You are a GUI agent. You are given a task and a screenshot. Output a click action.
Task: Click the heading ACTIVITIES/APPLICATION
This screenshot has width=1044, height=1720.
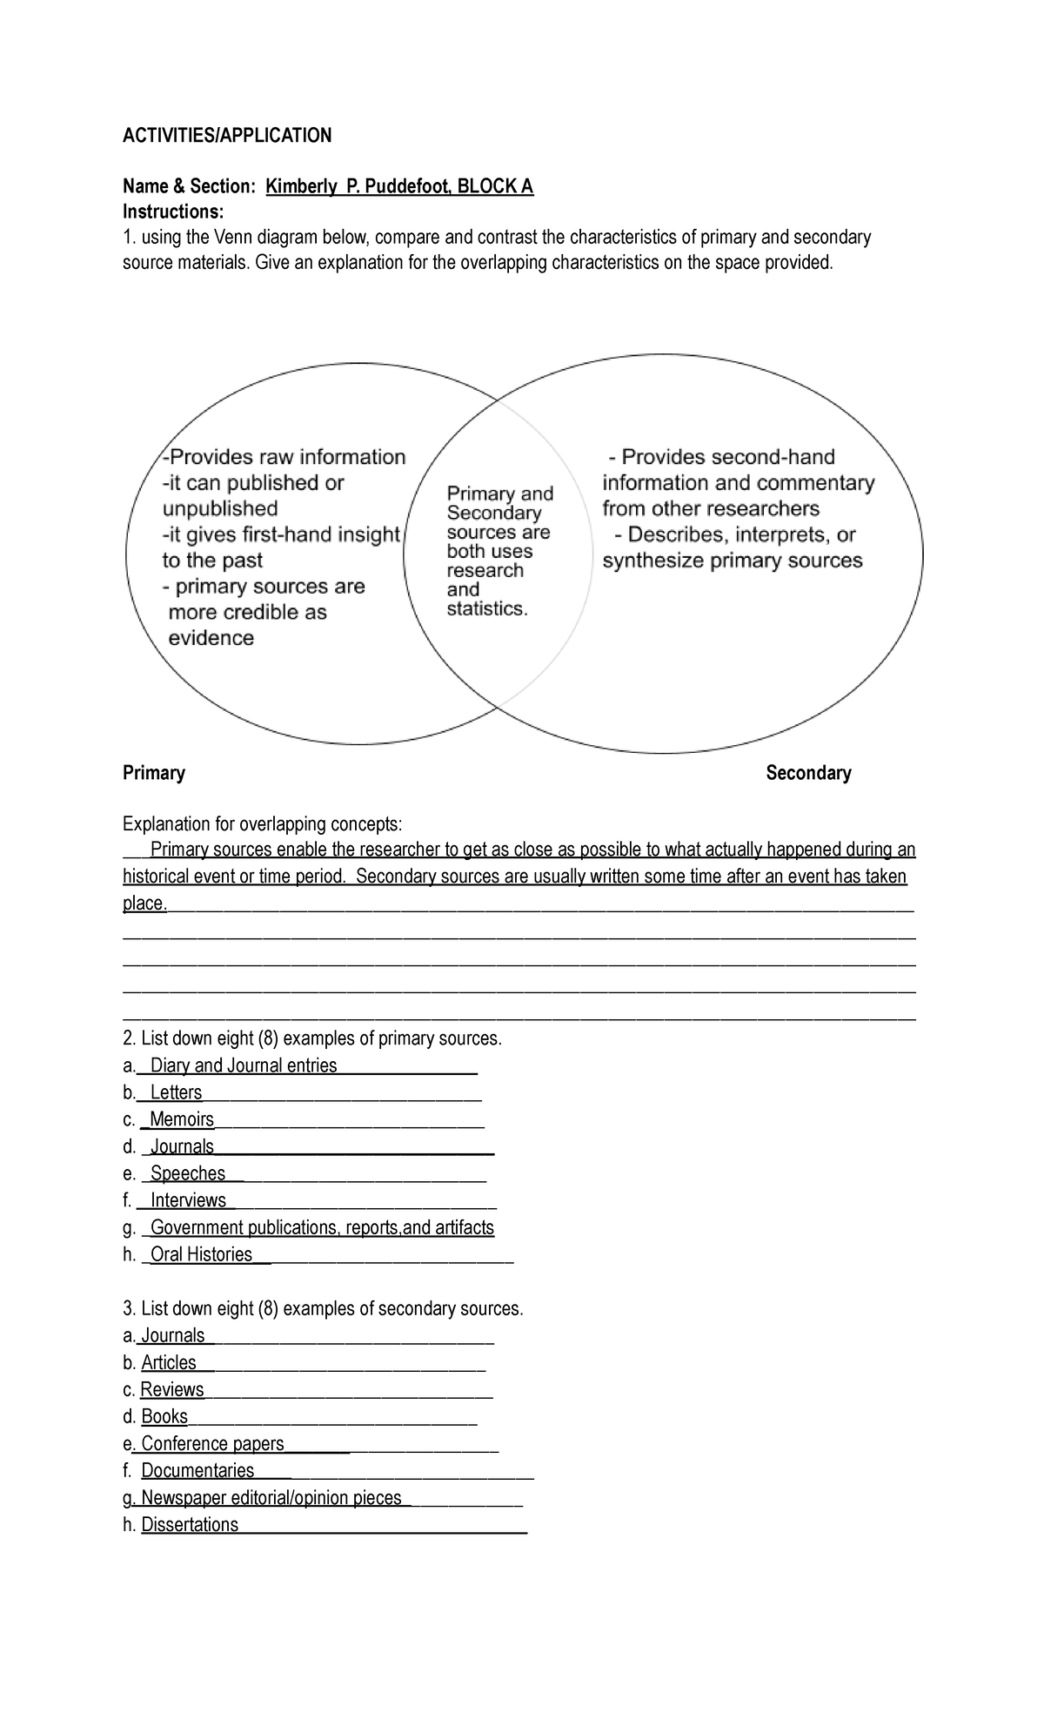[227, 135]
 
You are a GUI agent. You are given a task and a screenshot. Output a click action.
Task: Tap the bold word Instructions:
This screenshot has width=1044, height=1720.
[173, 212]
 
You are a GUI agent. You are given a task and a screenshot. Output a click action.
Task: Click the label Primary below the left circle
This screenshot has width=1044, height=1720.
[154, 773]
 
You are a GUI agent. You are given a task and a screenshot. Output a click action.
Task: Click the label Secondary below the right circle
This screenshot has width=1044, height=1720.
[808, 773]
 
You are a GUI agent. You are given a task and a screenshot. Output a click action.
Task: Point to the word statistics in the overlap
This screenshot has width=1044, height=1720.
[486, 609]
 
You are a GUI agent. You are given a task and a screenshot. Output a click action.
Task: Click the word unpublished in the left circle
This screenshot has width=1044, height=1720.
[220, 508]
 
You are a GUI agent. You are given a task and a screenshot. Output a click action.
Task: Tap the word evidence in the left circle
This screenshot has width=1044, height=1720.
[211, 638]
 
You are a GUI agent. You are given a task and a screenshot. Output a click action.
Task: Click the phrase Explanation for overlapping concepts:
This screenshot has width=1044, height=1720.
[263, 823]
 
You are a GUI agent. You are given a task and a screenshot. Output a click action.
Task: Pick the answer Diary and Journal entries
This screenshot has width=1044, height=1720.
[244, 1065]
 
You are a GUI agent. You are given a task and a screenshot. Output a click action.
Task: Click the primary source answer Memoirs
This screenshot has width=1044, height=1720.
[182, 1119]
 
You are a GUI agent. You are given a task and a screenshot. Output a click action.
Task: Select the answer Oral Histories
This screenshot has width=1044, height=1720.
[201, 1254]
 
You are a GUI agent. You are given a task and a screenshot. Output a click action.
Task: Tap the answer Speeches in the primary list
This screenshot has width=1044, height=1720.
[188, 1173]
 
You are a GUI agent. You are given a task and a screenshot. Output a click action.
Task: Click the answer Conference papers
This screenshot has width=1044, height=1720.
[212, 1443]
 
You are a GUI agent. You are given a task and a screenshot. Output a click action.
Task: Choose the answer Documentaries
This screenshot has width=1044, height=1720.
[197, 1470]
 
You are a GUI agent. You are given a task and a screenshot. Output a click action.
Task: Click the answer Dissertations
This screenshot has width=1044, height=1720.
[190, 1524]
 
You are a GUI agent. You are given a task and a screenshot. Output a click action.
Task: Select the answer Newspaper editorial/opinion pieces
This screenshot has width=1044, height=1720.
[271, 1497]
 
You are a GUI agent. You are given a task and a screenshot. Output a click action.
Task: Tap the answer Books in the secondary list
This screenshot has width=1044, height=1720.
[164, 1416]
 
